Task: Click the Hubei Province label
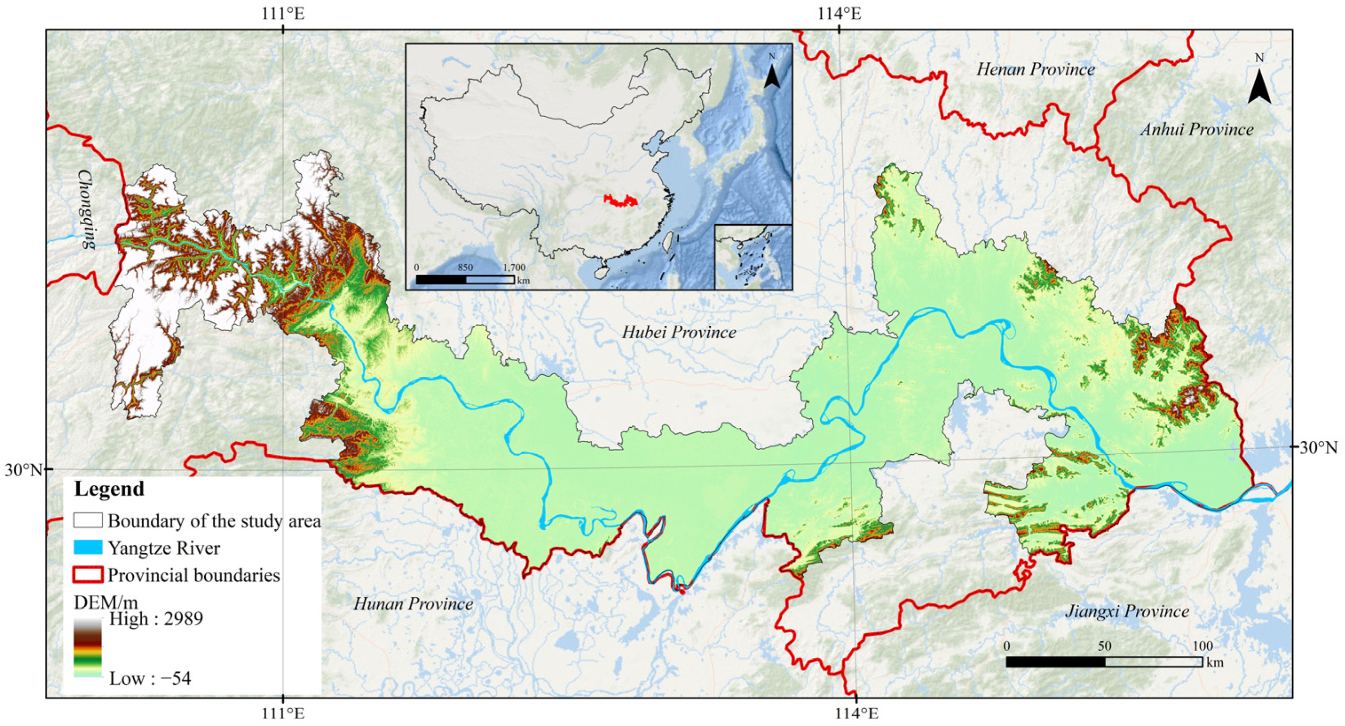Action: (x=679, y=332)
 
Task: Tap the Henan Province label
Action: (x=1035, y=70)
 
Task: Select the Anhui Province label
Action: (x=1196, y=129)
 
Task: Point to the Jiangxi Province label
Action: (x=1127, y=611)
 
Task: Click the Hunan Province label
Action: (x=413, y=604)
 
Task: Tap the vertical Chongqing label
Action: (x=87, y=208)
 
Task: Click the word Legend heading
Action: (x=109, y=489)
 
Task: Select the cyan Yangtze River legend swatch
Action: (x=88, y=547)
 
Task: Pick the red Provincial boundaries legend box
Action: (x=88, y=574)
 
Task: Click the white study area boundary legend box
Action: (x=88, y=520)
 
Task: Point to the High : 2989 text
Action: (x=155, y=618)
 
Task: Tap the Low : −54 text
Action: (x=150, y=679)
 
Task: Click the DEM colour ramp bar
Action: (x=88, y=648)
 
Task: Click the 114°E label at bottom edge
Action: (x=856, y=713)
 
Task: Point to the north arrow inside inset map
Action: (x=772, y=73)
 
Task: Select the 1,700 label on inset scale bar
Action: (x=514, y=267)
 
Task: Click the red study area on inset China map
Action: (x=621, y=200)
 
